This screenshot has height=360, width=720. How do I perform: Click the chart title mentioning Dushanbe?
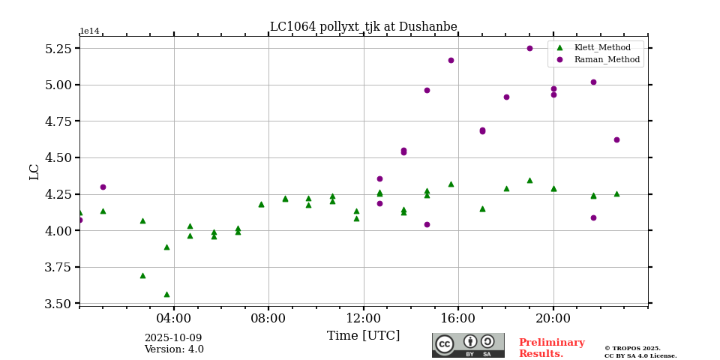[x=363, y=27]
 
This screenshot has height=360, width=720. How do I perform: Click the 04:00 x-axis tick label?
[x=174, y=318]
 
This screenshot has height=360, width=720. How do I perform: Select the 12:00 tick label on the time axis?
[x=364, y=318]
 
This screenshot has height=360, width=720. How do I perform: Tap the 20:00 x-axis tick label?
[x=553, y=318]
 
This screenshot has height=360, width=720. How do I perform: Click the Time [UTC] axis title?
[x=363, y=336]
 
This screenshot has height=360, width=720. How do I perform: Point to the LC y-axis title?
[x=34, y=172]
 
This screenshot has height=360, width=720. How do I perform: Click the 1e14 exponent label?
[x=89, y=31]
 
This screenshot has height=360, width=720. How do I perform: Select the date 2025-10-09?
[x=173, y=338]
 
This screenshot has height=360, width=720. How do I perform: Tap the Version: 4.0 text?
[x=174, y=349]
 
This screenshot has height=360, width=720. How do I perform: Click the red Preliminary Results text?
[x=551, y=348]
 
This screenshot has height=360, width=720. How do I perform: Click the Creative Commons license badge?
[x=468, y=345]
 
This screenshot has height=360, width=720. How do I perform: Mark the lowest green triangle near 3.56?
[x=166, y=294]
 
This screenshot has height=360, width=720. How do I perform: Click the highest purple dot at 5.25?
[x=529, y=48]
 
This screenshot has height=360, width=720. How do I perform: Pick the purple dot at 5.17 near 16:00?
[x=451, y=60]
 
